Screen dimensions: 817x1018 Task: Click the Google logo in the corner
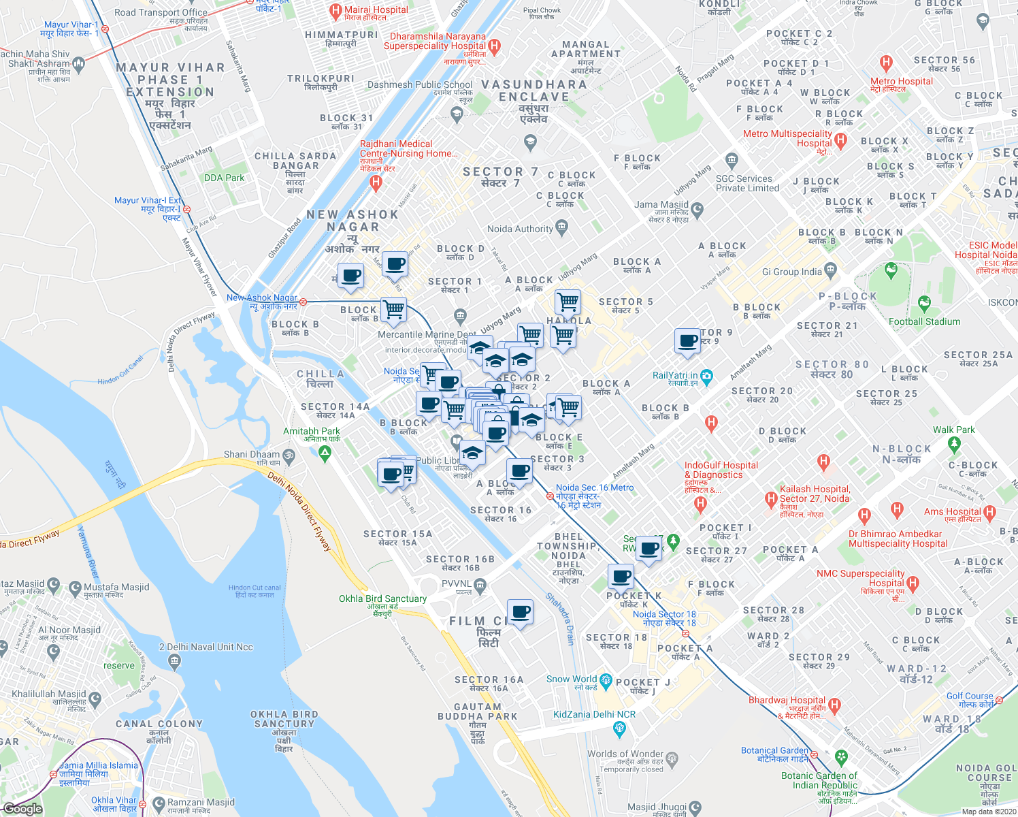pos(22,809)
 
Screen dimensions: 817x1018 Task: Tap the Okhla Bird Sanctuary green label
pos(382,598)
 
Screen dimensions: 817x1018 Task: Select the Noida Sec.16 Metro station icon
pos(549,496)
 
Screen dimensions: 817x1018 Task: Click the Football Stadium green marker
pos(923,303)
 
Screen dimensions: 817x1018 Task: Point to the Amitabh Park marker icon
pos(325,453)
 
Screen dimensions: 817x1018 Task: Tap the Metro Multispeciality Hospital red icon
pos(840,141)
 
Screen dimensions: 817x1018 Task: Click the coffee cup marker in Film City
pos(521,612)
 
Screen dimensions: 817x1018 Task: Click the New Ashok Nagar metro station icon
pos(303,301)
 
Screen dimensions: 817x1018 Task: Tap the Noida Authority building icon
pos(561,227)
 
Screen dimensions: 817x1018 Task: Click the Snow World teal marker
pos(606,680)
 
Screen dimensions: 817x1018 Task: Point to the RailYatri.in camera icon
pos(706,376)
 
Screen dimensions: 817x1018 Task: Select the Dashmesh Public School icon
pos(457,113)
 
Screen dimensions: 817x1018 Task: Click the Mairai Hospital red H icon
pos(335,11)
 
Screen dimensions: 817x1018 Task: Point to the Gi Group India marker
pos(830,270)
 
